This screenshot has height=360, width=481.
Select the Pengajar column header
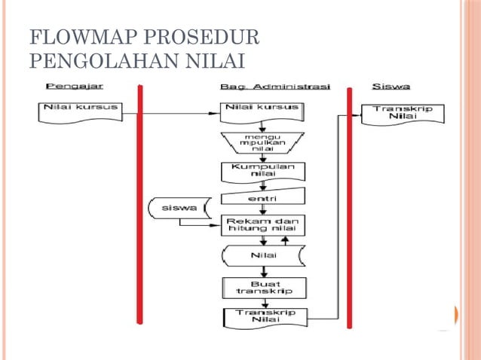point(75,87)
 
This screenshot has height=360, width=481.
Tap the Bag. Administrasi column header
point(275,87)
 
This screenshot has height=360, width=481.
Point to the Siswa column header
point(391,87)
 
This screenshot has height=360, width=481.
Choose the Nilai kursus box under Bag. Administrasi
point(262,110)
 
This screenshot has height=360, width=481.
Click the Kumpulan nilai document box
point(262,171)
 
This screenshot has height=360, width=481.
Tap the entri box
point(262,197)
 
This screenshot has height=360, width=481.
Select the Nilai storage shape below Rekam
point(262,255)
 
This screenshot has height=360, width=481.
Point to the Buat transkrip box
point(262,287)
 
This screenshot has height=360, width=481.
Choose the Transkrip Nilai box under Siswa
point(403,114)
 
